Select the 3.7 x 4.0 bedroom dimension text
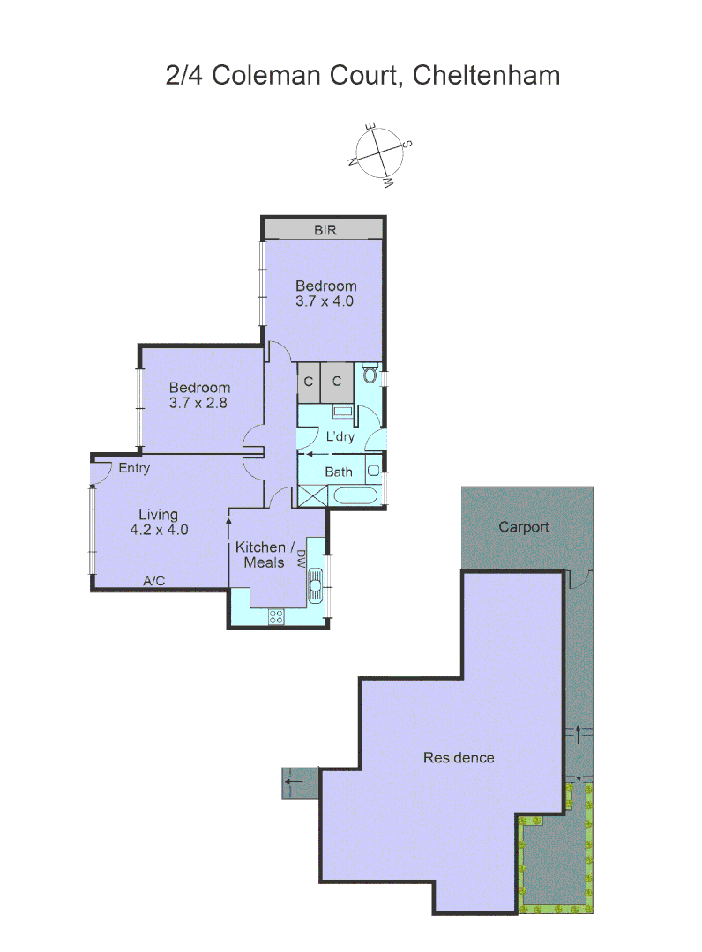[x=325, y=301]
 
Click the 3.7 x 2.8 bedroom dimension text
[x=199, y=403]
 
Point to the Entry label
[x=134, y=468]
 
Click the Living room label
[x=158, y=514]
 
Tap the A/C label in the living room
[x=154, y=580]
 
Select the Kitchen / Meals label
[x=260, y=554]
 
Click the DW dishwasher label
[x=302, y=558]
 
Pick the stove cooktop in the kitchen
[x=276, y=617]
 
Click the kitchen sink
[x=316, y=584]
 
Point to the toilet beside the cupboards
[x=370, y=376]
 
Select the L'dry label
[x=340, y=437]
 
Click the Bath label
[x=339, y=472]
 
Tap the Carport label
[x=524, y=527]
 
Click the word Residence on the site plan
[x=459, y=757]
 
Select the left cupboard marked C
[x=309, y=382]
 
